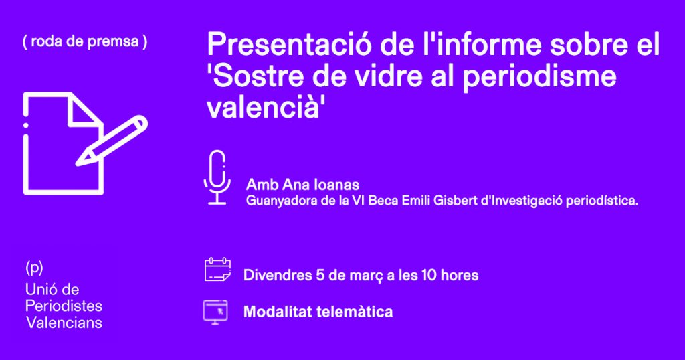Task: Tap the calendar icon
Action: click(x=217, y=270)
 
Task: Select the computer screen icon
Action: click(x=215, y=312)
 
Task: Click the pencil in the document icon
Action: click(x=112, y=141)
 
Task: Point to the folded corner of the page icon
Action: click(x=84, y=110)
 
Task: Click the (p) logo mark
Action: click(x=34, y=268)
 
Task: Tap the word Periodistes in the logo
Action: click(x=64, y=306)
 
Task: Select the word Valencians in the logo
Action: click(x=64, y=323)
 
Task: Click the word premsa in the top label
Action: click(x=113, y=42)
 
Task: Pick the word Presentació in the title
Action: click(x=289, y=44)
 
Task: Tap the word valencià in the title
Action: click(x=263, y=107)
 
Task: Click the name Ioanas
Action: click(x=336, y=185)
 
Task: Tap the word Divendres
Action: click(x=278, y=275)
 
